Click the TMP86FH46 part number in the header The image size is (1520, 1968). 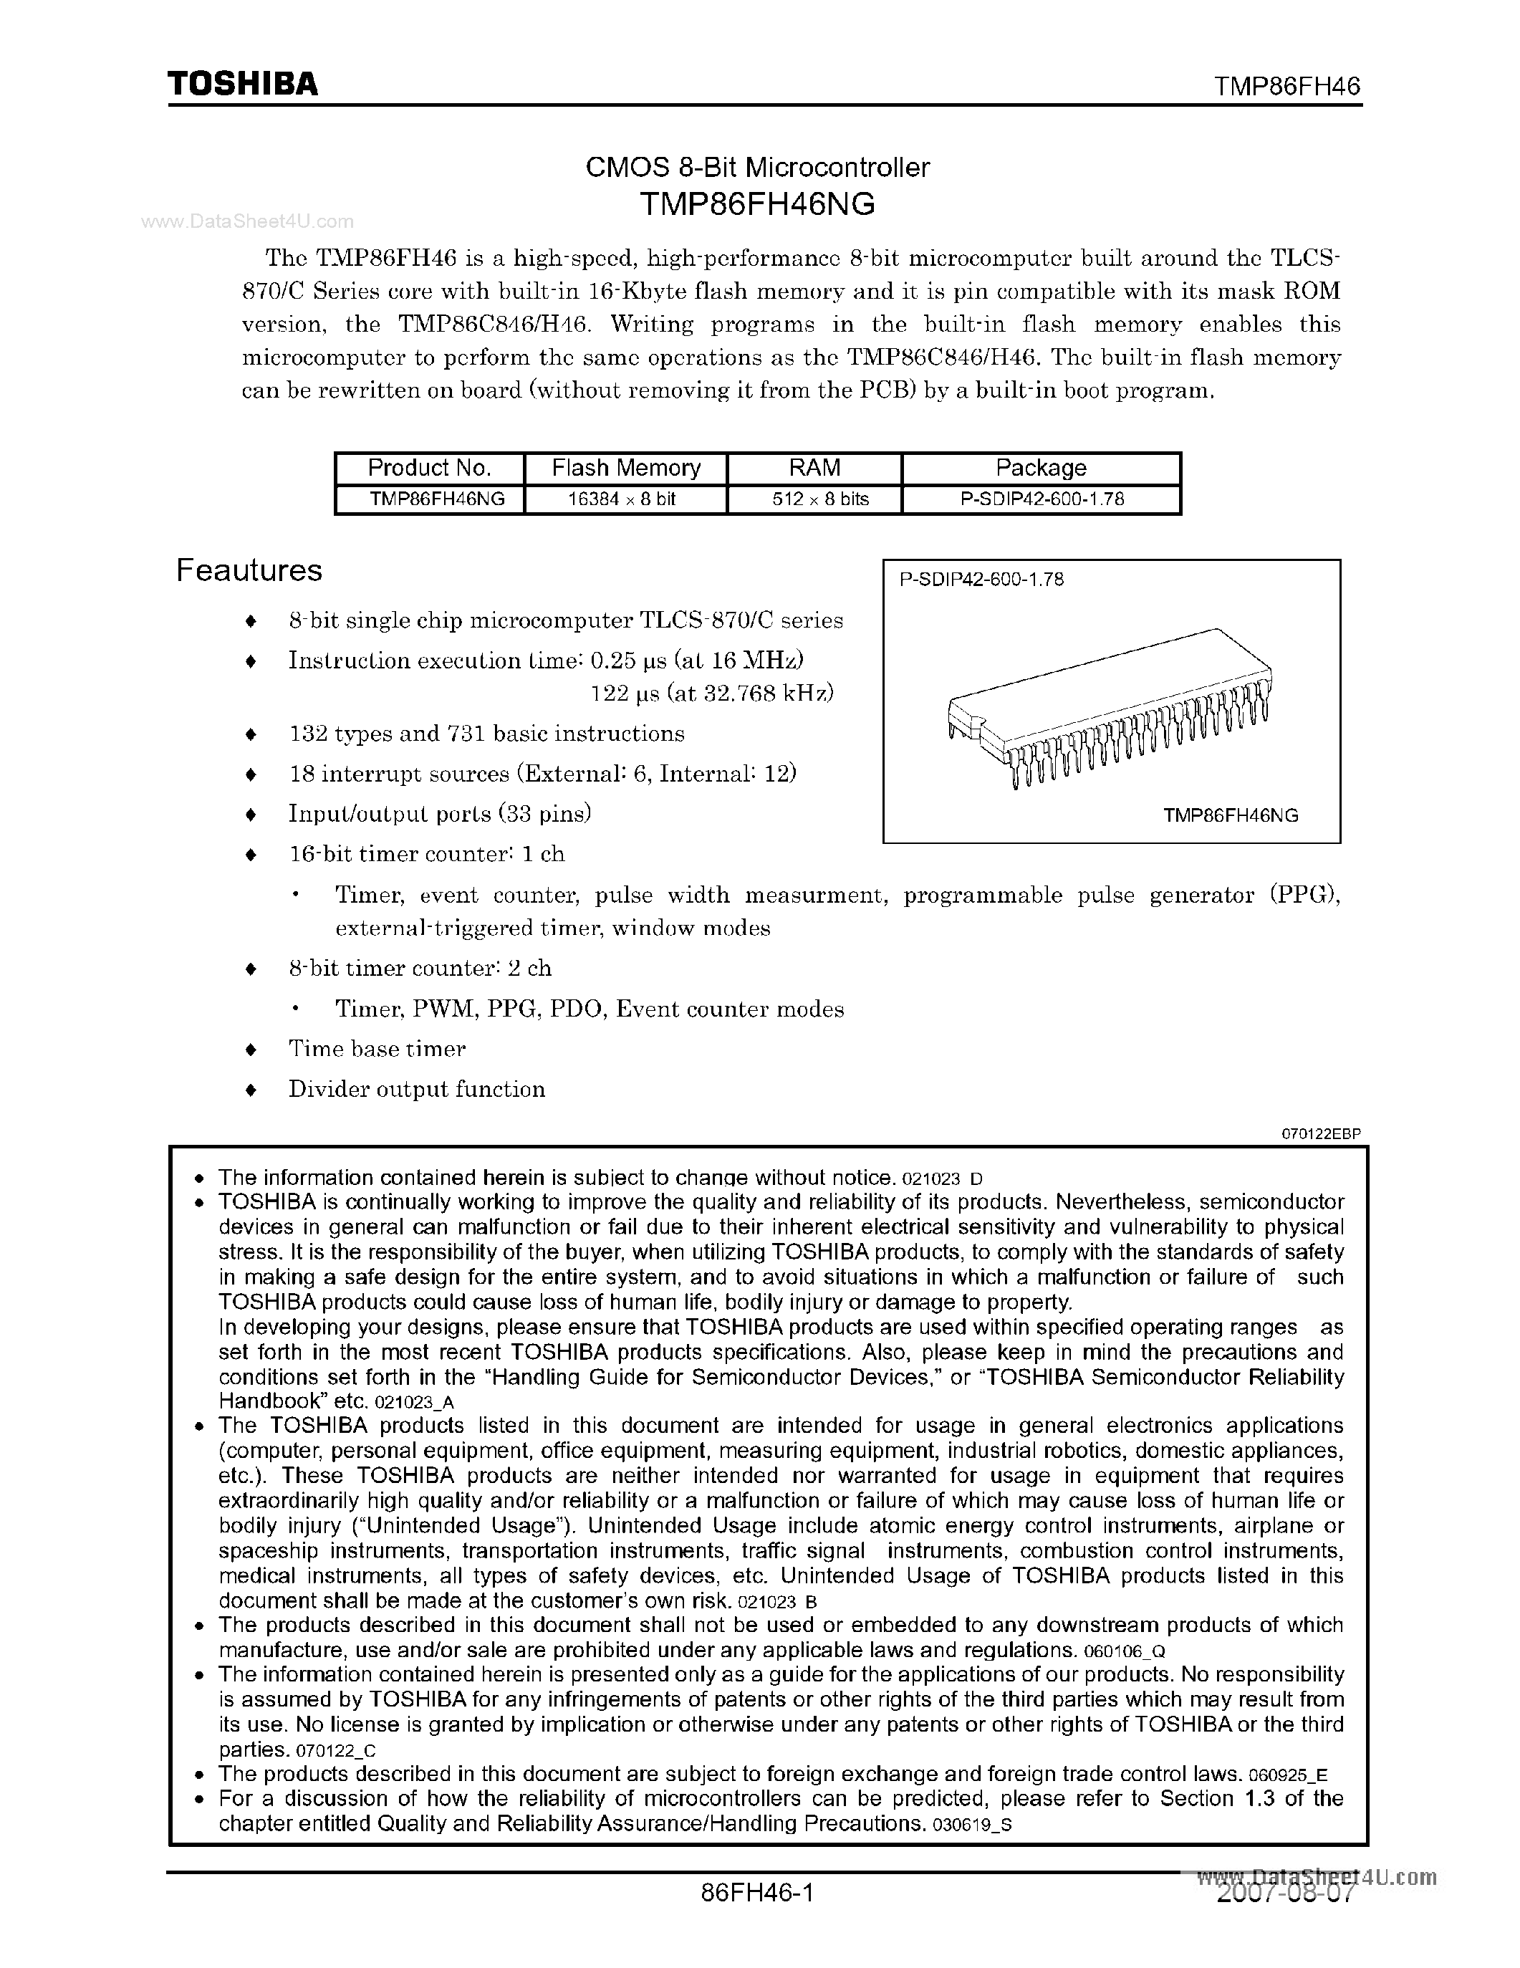tap(1286, 87)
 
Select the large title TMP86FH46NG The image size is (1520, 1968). tap(757, 205)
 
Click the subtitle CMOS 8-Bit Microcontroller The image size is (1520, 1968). tap(757, 167)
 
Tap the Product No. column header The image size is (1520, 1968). tap(429, 468)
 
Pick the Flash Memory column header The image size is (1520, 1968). tap(625, 468)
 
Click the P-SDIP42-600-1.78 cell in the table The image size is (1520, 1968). tap(1042, 499)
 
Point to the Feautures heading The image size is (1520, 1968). tap(249, 570)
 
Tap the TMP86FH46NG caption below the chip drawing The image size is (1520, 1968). tap(1230, 815)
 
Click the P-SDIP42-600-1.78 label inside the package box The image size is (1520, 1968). tap(981, 580)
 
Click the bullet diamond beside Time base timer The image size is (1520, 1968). tap(251, 1050)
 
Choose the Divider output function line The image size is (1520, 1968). tap(416, 1090)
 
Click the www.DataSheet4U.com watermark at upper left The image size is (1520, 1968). tap(248, 221)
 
